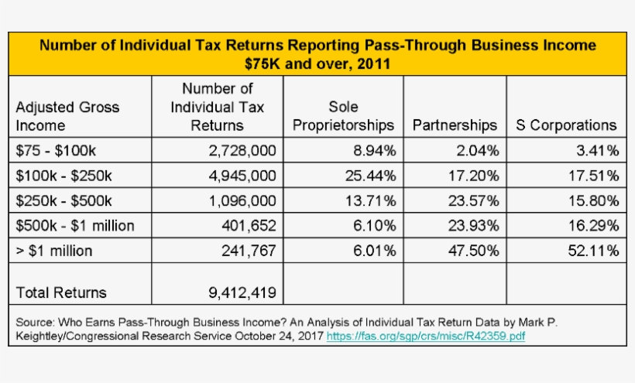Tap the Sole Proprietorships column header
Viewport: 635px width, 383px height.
(343, 116)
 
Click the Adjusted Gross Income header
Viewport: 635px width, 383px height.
(67, 116)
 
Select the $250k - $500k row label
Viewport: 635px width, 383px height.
(64, 200)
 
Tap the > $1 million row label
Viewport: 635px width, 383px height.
(54, 251)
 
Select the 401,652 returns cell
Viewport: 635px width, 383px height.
(249, 226)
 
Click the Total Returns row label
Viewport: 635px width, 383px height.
(61, 292)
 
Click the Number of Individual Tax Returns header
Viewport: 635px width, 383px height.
(217, 107)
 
